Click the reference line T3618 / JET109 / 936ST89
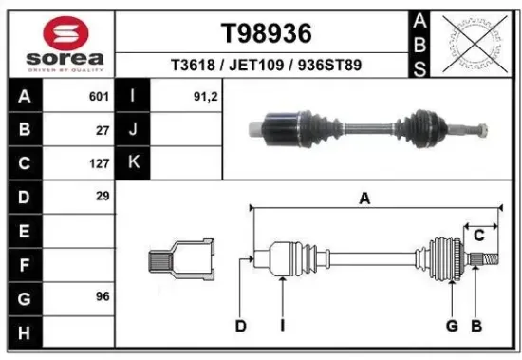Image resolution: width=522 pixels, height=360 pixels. click(266, 66)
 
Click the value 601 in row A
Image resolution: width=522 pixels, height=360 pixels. click(99, 97)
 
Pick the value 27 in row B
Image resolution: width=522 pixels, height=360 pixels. click(103, 130)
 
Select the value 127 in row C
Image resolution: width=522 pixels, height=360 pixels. click(99, 162)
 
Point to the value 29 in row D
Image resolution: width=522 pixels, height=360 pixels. click(103, 196)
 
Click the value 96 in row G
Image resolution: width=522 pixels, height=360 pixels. click(103, 296)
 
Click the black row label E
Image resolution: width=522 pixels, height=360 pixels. click(23, 230)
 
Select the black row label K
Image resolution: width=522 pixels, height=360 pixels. click(133, 162)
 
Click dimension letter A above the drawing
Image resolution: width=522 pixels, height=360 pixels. click(364, 198)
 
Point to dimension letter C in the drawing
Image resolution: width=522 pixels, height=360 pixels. click(479, 235)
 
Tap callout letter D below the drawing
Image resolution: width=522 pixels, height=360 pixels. click(241, 327)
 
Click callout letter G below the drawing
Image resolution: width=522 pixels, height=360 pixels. click(452, 327)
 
